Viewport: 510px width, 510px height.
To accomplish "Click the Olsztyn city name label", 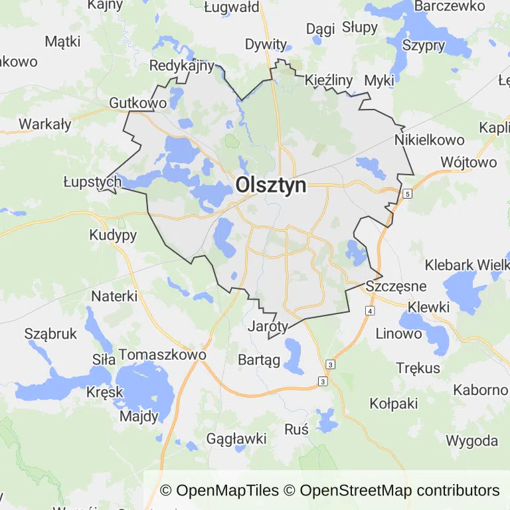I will pyautogui.click(x=271, y=185).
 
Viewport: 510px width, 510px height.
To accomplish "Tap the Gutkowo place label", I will pyautogui.click(x=137, y=104).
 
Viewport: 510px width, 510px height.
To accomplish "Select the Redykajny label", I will pyautogui.click(x=182, y=66).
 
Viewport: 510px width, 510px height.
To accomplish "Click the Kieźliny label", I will pyautogui.click(x=329, y=80).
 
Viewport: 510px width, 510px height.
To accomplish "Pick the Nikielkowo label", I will pyautogui.click(x=428, y=140).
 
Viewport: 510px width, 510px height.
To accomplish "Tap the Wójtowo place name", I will pyautogui.click(x=468, y=163).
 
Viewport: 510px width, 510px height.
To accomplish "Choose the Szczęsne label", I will pyautogui.click(x=396, y=286).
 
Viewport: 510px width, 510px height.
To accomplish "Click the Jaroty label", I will pyautogui.click(x=268, y=326).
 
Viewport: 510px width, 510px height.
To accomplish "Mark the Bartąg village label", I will pyautogui.click(x=259, y=359).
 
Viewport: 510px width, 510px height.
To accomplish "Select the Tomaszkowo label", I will pyautogui.click(x=163, y=355).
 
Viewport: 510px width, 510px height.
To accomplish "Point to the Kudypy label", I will pyautogui.click(x=113, y=235).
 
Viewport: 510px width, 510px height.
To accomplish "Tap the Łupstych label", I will pyautogui.click(x=92, y=181).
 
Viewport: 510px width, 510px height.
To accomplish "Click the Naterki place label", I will pyautogui.click(x=115, y=296).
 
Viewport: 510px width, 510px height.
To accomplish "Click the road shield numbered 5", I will pyautogui.click(x=406, y=193).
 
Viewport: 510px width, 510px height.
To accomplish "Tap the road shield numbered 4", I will pyautogui.click(x=369, y=311).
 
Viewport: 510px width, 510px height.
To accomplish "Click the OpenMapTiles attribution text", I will pyautogui.click(x=219, y=491).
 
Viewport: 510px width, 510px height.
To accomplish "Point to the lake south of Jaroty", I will pyautogui.click(x=293, y=352).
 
